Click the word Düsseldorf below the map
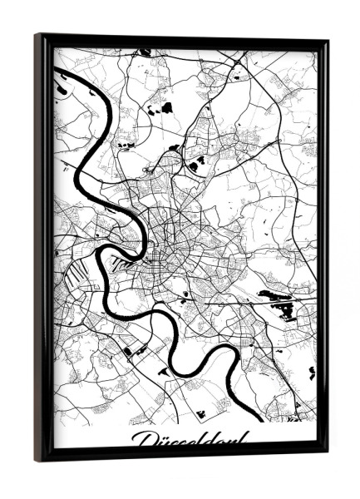(x=190, y=439)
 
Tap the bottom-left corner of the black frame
(x=36, y=461)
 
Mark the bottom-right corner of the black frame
(x=327, y=456)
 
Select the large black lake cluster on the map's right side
(x=279, y=303)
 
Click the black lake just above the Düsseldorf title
(x=200, y=413)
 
